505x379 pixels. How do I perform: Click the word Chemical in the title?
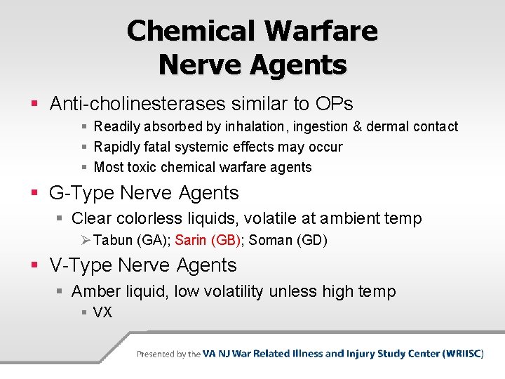click(190, 31)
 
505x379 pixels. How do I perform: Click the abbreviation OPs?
click(333, 104)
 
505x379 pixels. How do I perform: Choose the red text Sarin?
click(191, 241)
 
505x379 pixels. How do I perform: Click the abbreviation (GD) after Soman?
click(312, 241)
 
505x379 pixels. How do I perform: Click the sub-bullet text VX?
click(102, 312)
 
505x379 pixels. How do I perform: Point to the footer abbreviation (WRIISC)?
click(463, 354)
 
